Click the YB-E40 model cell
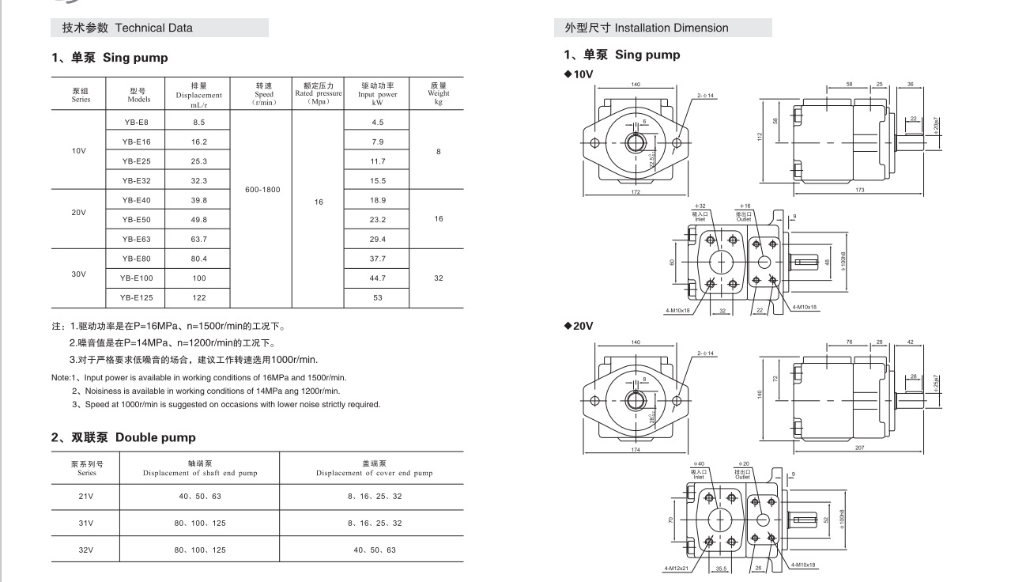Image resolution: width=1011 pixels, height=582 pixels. [x=136, y=200]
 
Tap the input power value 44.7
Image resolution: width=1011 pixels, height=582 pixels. [x=377, y=278]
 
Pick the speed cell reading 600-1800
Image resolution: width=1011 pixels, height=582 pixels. [x=262, y=190]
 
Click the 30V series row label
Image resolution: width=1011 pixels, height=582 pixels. [x=79, y=274]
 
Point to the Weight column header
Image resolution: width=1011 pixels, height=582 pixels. [x=438, y=93]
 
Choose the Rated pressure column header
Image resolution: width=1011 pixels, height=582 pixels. [x=319, y=93]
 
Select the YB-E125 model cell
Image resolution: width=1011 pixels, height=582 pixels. [x=136, y=297]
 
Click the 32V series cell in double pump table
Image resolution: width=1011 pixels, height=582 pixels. [x=86, y=549]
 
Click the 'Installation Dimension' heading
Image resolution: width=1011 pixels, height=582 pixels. [x=671, y=28]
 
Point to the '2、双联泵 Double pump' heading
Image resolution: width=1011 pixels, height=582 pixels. [x=123, y=437]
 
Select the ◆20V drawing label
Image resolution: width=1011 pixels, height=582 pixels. [x=579, y=326]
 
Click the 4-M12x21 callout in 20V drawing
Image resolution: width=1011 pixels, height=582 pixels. [x=677, y=567]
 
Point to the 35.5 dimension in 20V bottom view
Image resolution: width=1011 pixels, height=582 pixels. [x=720, y=567]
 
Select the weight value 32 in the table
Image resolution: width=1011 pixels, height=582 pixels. [x=438, y=278]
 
